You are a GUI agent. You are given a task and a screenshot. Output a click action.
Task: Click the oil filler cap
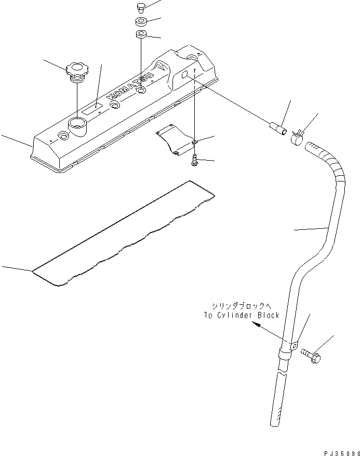[x=76, y=70]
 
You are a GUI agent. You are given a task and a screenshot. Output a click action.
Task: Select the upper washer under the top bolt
[x=141, y=22]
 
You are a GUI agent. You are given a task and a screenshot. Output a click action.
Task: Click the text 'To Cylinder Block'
[x=242, y=315]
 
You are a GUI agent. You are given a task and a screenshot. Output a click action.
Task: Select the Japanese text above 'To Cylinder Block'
[x=242, y=306]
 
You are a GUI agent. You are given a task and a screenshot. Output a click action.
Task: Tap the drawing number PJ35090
[x=340, y=451]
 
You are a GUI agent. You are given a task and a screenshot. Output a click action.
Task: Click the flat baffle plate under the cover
[x=175, y=139]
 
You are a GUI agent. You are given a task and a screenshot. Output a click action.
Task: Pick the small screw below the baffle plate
[x=194, y=160]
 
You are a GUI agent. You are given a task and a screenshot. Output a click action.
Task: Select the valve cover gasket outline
[x=125, y=234]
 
